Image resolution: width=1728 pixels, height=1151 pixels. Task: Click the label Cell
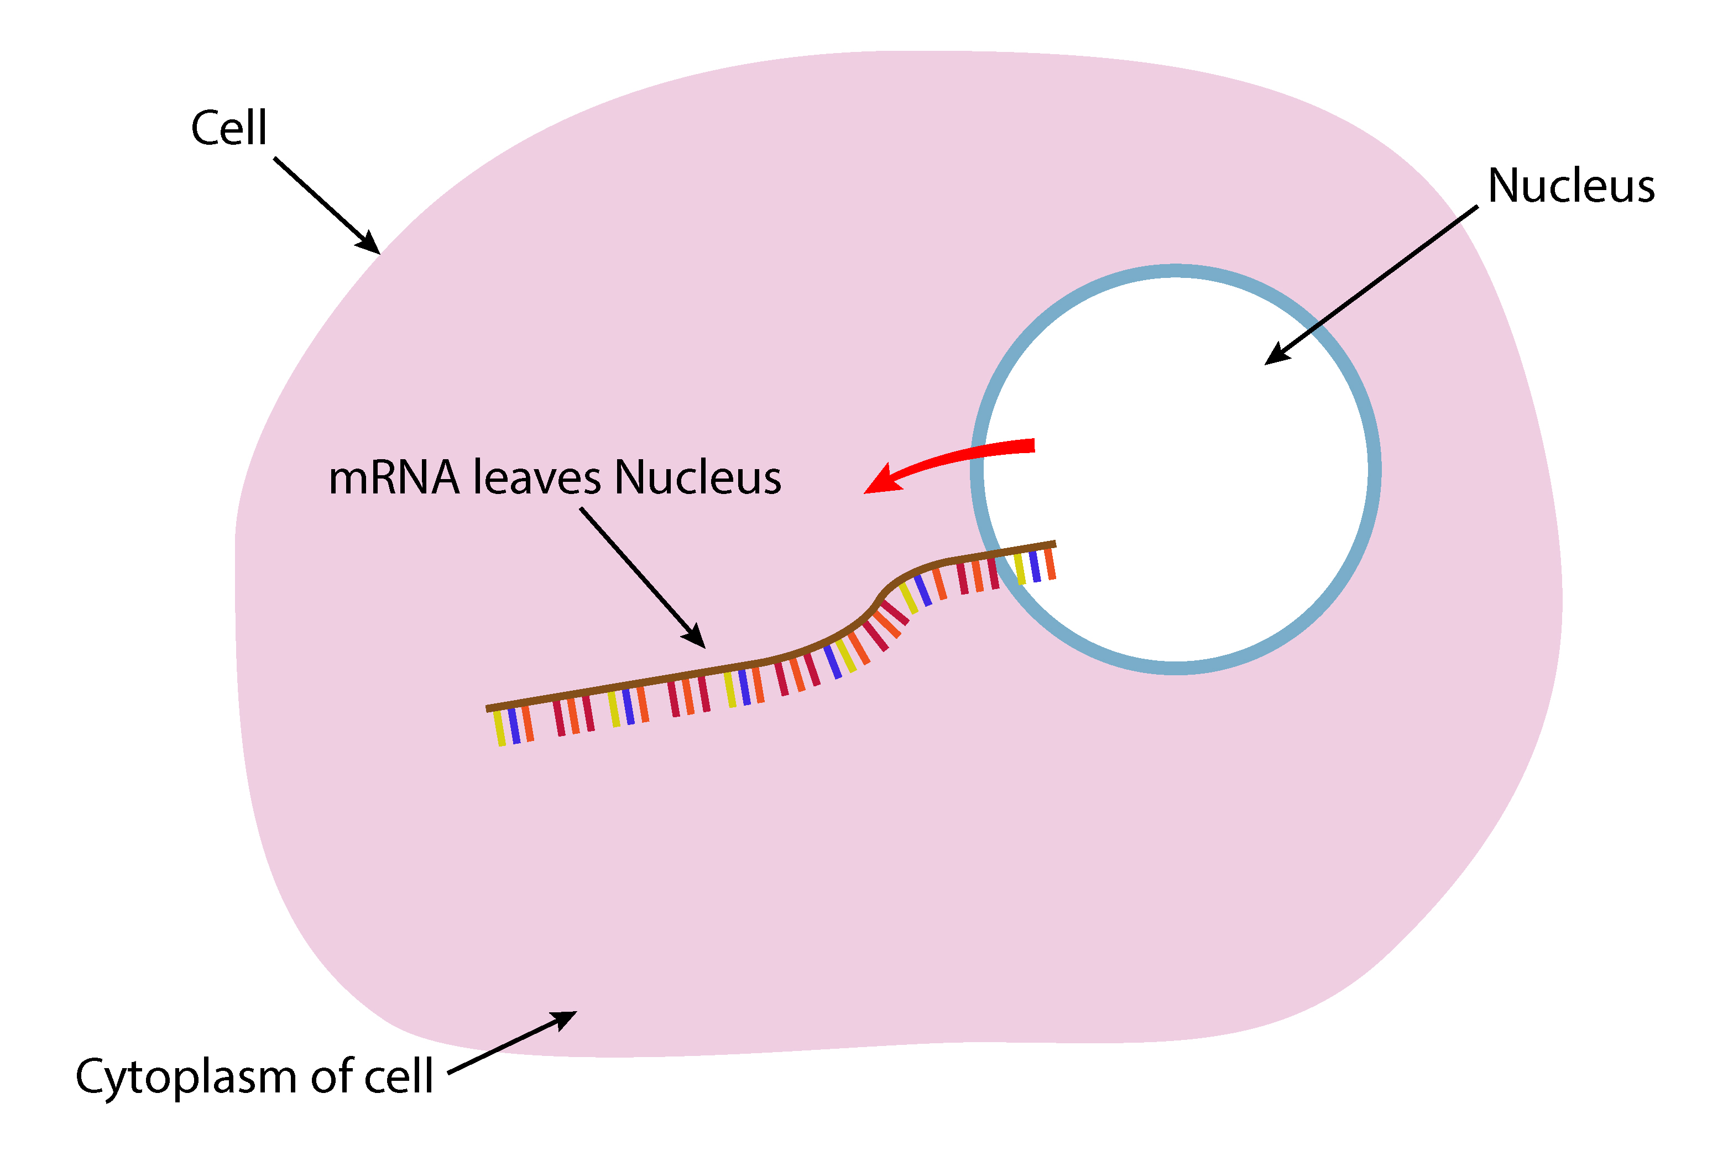tap(228, 128)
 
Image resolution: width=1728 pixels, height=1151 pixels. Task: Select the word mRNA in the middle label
tap(394, 478)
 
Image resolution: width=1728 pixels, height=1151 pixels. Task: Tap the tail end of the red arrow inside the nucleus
tap(1031, 445)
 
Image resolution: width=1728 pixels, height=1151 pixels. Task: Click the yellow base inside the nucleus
tap(1019, 570)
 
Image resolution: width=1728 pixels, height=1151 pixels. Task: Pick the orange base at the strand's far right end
tap(1050, 564)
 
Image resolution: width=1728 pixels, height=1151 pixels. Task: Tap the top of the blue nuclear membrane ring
tap(1175, 271)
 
